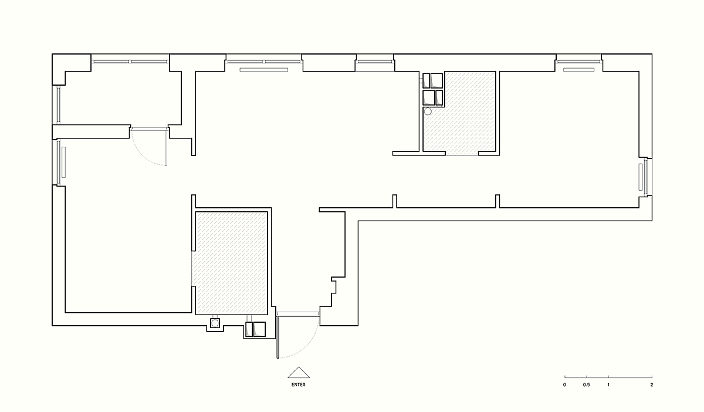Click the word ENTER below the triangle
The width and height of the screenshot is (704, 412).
298,384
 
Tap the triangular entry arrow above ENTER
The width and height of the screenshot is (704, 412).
299,373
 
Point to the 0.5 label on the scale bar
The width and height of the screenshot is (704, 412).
587,384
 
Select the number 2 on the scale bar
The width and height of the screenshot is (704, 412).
652,384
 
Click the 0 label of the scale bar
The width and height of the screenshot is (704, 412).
564,384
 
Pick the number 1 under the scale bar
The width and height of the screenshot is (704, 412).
608,384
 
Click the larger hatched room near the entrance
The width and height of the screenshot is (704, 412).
231,263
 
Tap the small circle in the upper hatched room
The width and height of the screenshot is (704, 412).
428,112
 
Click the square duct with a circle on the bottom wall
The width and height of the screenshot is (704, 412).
215,323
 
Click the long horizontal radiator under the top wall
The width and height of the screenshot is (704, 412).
263,70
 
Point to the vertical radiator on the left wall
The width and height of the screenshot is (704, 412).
63,163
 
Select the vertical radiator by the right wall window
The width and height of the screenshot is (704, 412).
641,177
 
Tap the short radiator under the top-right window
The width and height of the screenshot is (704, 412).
578,70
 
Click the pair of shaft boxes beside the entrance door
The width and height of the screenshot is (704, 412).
255,329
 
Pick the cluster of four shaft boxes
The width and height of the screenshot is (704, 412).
433,89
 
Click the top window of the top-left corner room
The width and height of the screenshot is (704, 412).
130,62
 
